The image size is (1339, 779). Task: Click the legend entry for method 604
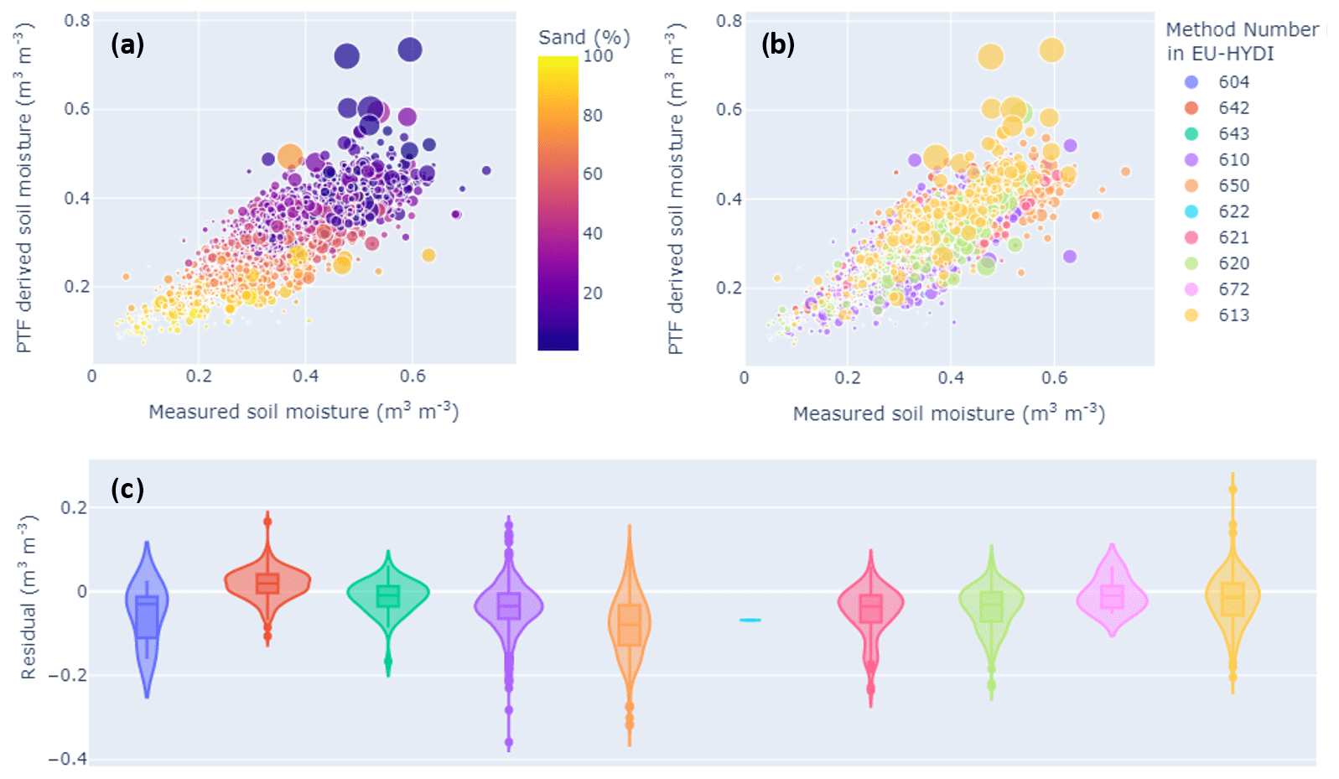point(1233,82)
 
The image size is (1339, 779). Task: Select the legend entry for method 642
point(1233,108)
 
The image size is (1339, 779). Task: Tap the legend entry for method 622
point(1233,212)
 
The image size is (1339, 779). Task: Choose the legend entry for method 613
point(1233,315)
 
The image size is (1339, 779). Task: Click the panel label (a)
point(127,44)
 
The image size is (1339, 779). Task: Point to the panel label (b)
point(777,44)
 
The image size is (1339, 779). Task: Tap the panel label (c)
point(127,489)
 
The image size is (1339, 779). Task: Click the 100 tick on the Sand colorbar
point(598,56)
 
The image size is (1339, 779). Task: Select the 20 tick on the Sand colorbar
point(593,293)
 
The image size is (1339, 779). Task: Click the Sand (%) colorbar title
point(584,38)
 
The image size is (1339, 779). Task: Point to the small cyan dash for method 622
point(750,620)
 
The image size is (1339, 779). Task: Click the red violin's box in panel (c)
point(267,584)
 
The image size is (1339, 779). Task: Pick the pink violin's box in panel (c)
point(1112,596)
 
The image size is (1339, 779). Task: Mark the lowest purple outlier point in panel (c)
point(509,742)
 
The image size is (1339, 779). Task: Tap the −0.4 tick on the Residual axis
point(67,759)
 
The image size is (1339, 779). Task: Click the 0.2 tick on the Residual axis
point(74,508)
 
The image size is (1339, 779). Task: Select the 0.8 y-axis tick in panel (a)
point(77,20)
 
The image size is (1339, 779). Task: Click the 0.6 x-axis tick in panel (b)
point(1055,378)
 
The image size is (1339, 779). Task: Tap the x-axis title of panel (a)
point(304,412)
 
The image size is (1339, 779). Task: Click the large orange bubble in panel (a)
point(290,156)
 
